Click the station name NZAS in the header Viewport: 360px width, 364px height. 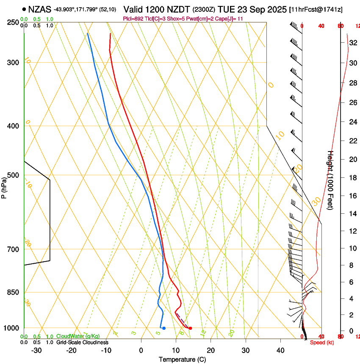40,9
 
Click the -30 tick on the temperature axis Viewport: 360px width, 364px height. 37,350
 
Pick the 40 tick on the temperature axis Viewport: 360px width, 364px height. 280,350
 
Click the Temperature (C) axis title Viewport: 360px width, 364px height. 182,360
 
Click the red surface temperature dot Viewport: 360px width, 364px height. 190,328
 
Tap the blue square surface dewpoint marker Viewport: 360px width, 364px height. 163,328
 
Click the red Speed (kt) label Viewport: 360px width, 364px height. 322,342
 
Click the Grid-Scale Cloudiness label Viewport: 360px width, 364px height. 82,342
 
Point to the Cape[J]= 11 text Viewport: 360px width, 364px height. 232,19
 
